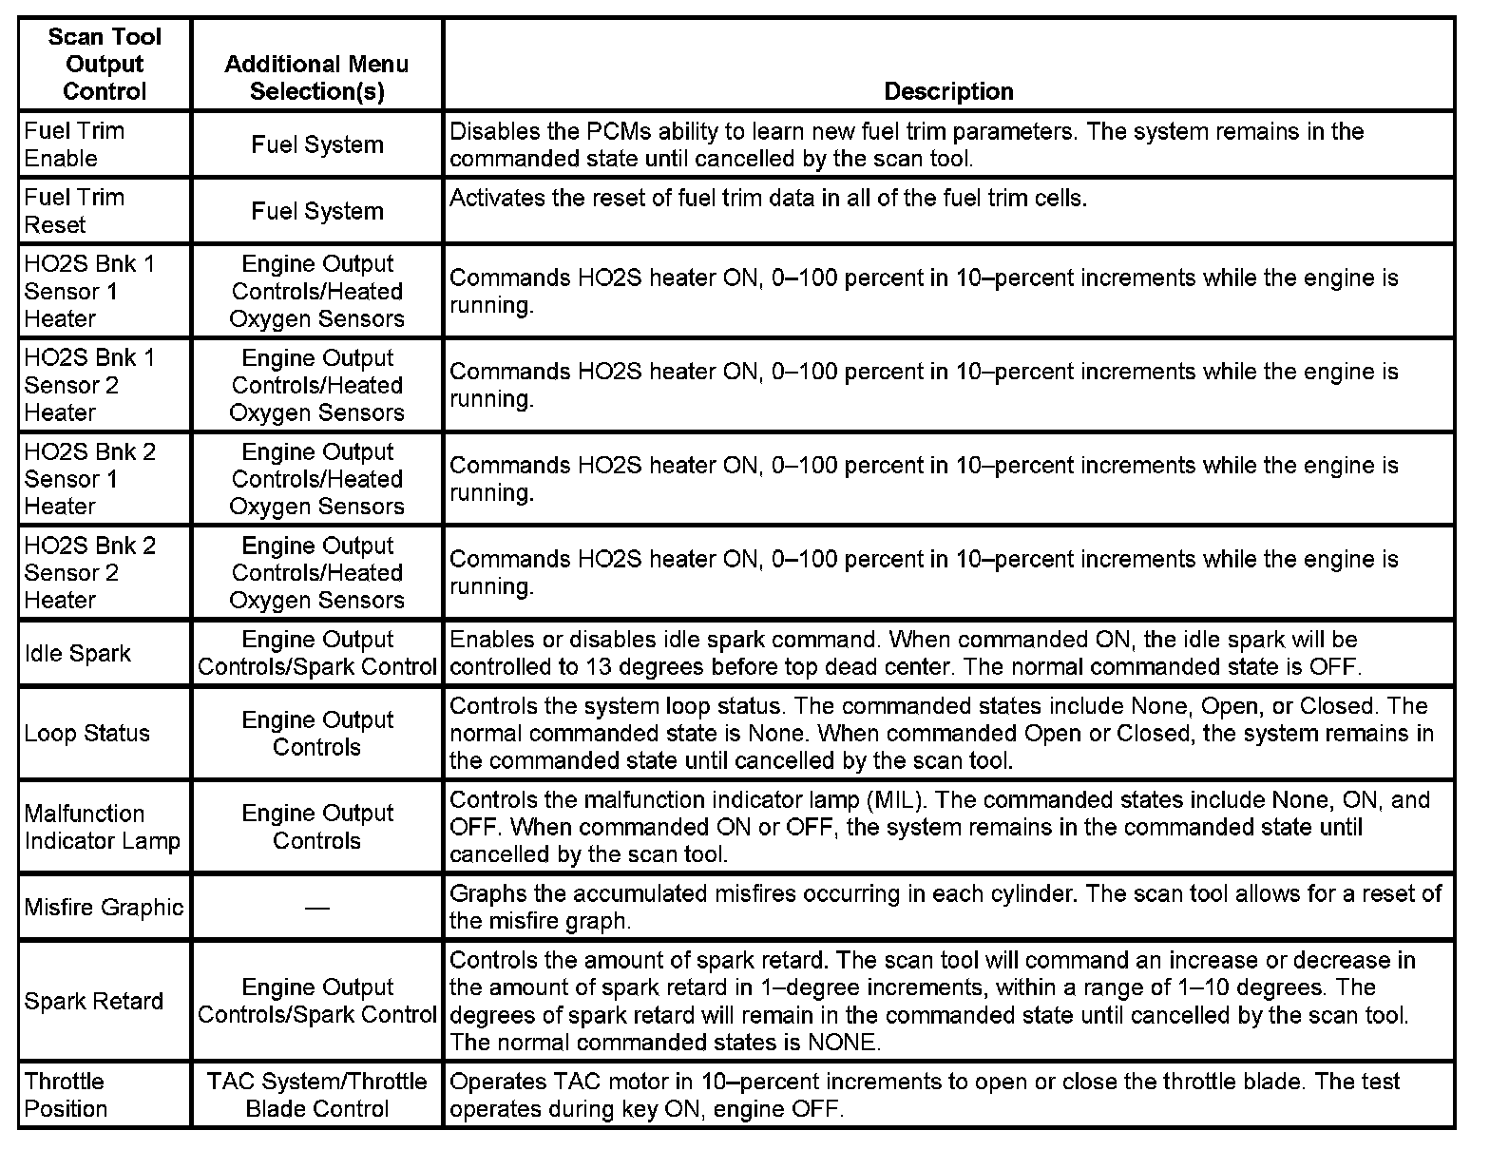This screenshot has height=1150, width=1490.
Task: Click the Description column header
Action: [x=948, y=91]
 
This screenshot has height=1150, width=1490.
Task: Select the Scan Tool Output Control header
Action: [x=105, y=64]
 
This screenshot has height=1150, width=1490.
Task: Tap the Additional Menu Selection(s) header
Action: [x=316, y=77]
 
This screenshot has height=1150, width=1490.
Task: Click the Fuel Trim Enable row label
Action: [x=74, y=144]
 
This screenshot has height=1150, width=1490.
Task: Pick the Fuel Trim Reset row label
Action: [x=74, y=211]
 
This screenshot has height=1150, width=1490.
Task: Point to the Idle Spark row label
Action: [x=77, y=653]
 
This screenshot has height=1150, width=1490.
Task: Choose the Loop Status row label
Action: [x=86, y=733]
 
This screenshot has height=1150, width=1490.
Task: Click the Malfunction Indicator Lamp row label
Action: [x=102, y=827]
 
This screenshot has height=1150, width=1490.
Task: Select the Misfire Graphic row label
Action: [x=104, y=907]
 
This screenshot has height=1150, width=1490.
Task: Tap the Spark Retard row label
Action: [x=93, y=1001]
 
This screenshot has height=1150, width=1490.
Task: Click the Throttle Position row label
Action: [x=66, y=1095]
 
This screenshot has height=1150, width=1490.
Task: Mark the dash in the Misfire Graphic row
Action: [x=316, y=908]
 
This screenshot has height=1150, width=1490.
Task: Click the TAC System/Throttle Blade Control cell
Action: [x=316, y=1095]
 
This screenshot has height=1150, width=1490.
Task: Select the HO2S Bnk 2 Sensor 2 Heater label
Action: [x=89, y=572]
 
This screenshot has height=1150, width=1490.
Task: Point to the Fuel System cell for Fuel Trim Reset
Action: [x=316, y=211]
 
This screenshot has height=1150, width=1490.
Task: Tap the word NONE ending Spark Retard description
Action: [x=843, y=1042]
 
